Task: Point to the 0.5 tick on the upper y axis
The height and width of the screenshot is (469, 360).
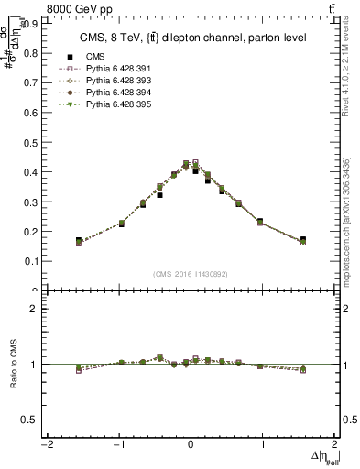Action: pyautogui.click(x=37, y=142)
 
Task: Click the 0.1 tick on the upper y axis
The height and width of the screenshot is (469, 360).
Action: pyautogui.click(x=37, y=261)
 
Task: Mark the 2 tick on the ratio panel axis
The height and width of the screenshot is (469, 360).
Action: pyautogui.click(x=38, y=309)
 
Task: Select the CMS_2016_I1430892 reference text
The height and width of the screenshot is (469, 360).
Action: pyautogui.click(x=191, y=275)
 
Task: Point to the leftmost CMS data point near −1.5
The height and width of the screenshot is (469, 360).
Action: pyautogui.click(x=79, y=241)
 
